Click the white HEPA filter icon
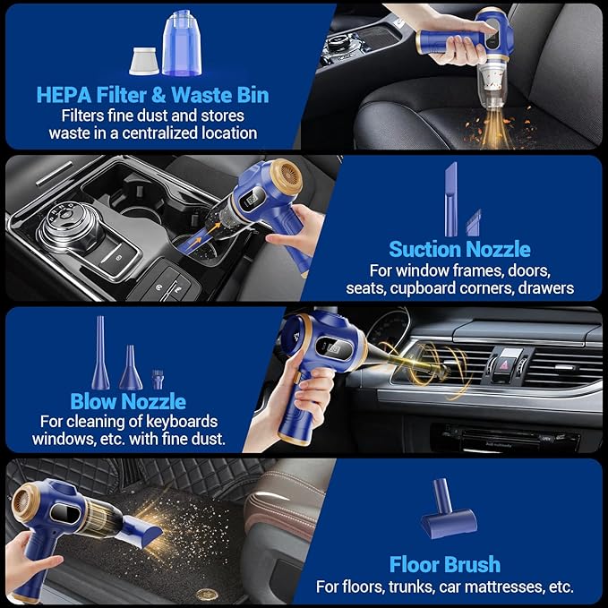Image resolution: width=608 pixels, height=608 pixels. pos(144,60)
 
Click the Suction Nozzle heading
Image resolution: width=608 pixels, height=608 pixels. pos(459,248)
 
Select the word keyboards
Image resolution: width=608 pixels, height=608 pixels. pos(186,421)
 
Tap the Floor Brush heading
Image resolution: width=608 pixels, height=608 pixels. pos(444,564)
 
